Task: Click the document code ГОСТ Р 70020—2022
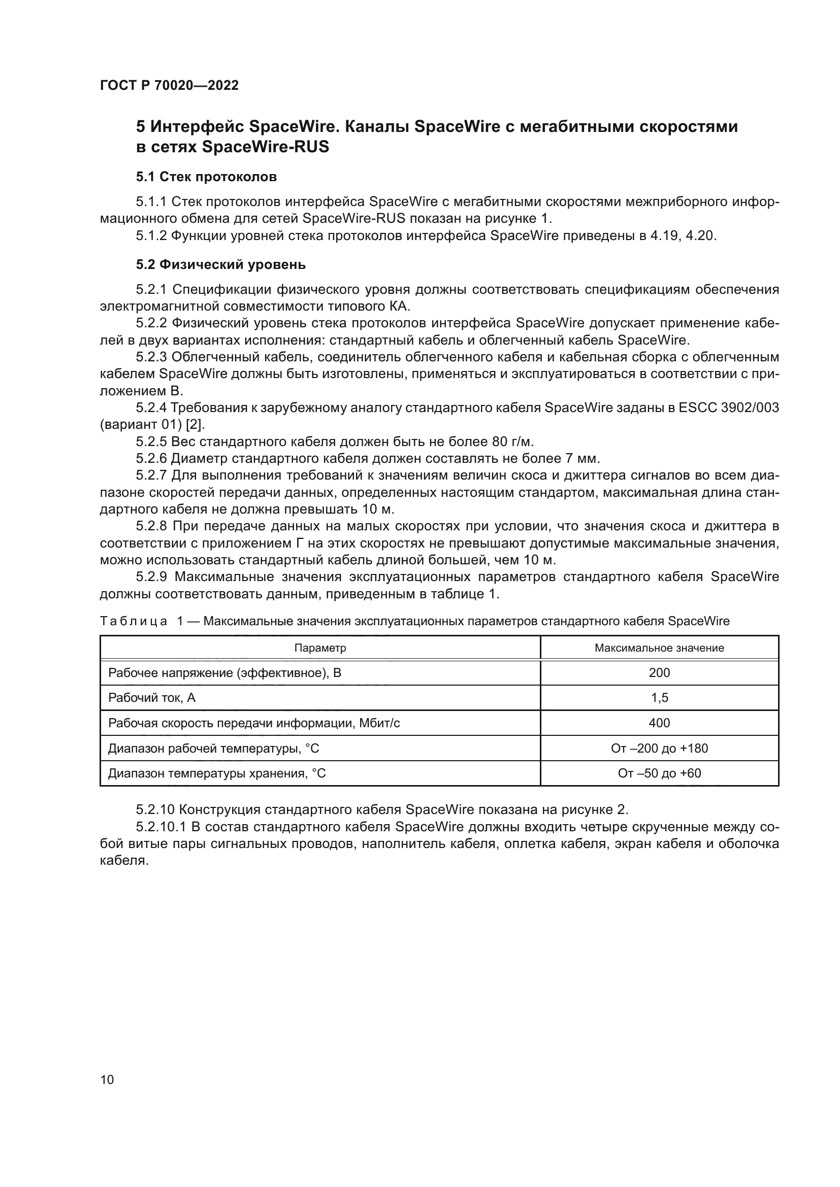(169, 85)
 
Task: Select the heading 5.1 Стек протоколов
(206, 177)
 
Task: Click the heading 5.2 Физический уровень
(221, 265)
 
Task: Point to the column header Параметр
(320, 648)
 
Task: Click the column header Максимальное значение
(659, 648)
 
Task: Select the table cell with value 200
(659, 672)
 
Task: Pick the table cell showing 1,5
(659, 698)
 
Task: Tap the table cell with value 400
(659, 723)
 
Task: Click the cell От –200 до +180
(659, 748)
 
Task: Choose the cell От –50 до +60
(659, 773)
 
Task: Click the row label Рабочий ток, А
(151, 698)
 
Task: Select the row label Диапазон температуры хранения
(217, 773)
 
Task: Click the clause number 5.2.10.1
(161, 827)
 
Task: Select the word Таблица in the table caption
(134, 621)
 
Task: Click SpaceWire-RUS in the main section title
(265, 147)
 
